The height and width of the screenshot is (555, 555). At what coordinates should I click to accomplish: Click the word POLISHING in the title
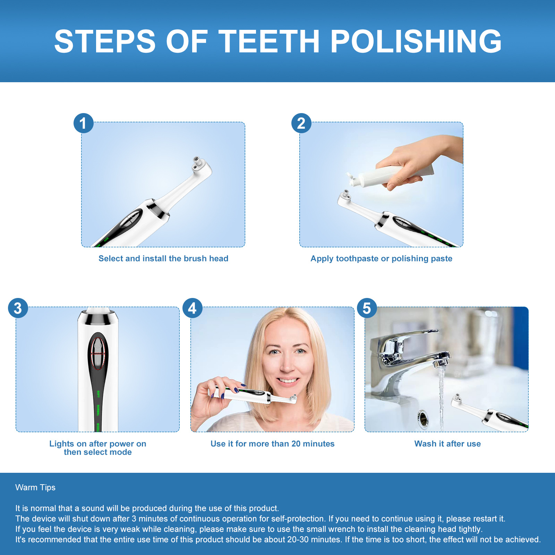(416, 41)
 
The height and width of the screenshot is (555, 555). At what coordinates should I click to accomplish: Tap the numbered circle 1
(84, 123)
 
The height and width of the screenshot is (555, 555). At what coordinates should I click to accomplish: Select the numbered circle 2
(301, 123)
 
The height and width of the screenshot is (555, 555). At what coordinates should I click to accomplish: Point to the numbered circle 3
(18, 308)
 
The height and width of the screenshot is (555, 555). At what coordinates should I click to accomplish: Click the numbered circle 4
(193, 308)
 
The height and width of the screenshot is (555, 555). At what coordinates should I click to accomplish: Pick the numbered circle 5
(367, 308)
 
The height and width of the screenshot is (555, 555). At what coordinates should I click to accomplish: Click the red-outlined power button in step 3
(97, 354)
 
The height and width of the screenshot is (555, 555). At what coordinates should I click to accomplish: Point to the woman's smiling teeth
(288, 381)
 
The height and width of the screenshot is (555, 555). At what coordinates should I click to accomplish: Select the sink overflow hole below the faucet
(423, 418)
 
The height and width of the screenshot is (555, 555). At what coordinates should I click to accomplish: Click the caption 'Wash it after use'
(447, 444)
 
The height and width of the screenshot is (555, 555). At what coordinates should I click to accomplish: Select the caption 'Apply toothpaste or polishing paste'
(381, 258)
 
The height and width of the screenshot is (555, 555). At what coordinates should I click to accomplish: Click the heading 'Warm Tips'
(35, 487)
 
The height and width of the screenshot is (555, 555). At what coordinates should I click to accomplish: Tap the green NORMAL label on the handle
(98, 410)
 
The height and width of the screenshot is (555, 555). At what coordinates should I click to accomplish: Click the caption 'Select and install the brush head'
(163, 258)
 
